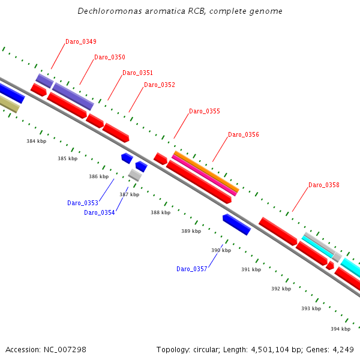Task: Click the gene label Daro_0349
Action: tap(81, 42)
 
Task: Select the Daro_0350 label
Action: tap(110, 58)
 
